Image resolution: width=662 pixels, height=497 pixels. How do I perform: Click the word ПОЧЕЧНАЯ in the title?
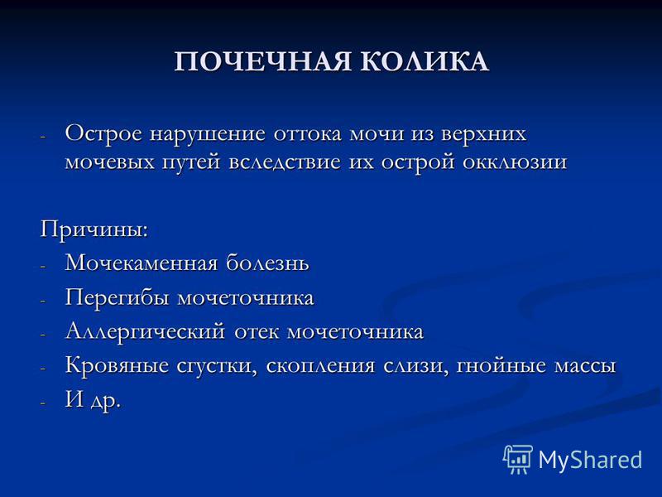pyautogui.click(x=262, y=61)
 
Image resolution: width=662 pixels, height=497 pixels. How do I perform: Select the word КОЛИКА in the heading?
pyautogui.click(x=425, y=61)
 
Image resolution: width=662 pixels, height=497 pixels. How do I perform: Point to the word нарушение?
pyautogui.click(x=208, y=134)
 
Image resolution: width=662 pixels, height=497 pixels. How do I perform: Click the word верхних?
pyautogui.click(x=484, y=133)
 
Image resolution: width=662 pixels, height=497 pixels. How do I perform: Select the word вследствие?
pyautogui.click(x=285, y=162)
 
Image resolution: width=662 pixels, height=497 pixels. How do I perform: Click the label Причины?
pyautogui.click(x=94, y=230)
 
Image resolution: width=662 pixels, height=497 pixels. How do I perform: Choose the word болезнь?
pyautogui.click(x=267, y=263)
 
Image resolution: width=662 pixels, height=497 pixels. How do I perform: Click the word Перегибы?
pyautogui.click(x=117, y=297)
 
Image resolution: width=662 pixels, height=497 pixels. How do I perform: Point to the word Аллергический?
pyautogui.click(x=146, y=332)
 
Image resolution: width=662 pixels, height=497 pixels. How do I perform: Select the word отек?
pyautogui.click(x=257, y=332)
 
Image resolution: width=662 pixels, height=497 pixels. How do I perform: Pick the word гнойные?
pyautogui.click(x=501, y=365)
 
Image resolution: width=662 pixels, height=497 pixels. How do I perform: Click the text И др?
pyautogui.click(x=93, y=399)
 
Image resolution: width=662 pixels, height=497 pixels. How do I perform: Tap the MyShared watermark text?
pyautogui.click(x=590, y=460)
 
